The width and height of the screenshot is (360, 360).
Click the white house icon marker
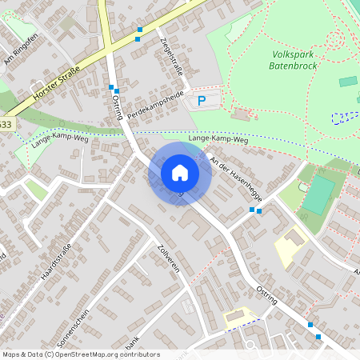180,172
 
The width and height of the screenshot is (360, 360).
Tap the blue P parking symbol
202,101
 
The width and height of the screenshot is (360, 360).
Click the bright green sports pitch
319,194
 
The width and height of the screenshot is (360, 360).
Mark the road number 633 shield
6,124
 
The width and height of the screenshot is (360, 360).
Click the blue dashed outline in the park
346,118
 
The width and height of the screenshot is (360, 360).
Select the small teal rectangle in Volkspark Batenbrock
348,81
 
